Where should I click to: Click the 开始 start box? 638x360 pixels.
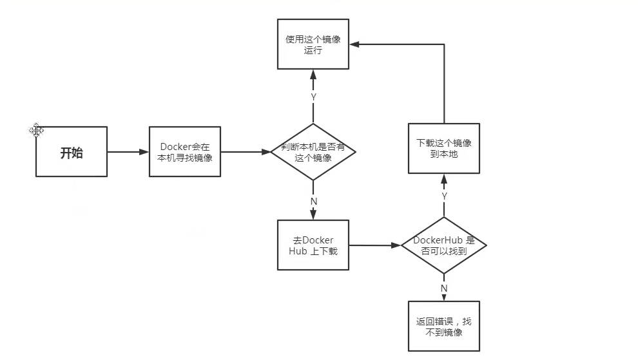tap(71, 152)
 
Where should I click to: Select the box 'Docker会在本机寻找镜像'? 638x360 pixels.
tap(184, 152)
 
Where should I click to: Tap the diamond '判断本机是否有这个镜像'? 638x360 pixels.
tap(313, 152)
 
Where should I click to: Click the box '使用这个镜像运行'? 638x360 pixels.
tap(313, 44)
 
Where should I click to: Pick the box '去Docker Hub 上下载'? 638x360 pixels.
tap(313, 245)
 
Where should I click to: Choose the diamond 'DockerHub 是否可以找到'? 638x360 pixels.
tap(443, 245)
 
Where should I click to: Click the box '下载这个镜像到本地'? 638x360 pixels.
tap(443, 148)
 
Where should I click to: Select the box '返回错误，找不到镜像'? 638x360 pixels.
tap(443, 326)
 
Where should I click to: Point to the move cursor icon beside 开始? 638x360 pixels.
tap(36, 131)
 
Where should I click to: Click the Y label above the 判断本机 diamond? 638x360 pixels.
tap(313, 97)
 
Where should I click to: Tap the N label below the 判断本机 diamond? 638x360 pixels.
tap(314, 201)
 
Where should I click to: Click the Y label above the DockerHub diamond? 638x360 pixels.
tap(444, 195)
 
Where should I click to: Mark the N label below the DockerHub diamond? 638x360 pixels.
tap(444, 288)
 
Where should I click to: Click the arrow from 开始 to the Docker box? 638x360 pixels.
tap(128, 152)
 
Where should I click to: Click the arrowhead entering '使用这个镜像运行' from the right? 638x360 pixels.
tap(355, 44)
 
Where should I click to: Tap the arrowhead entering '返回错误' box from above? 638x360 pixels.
tap(444, 298)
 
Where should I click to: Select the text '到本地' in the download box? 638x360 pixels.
tap(443, 154)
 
